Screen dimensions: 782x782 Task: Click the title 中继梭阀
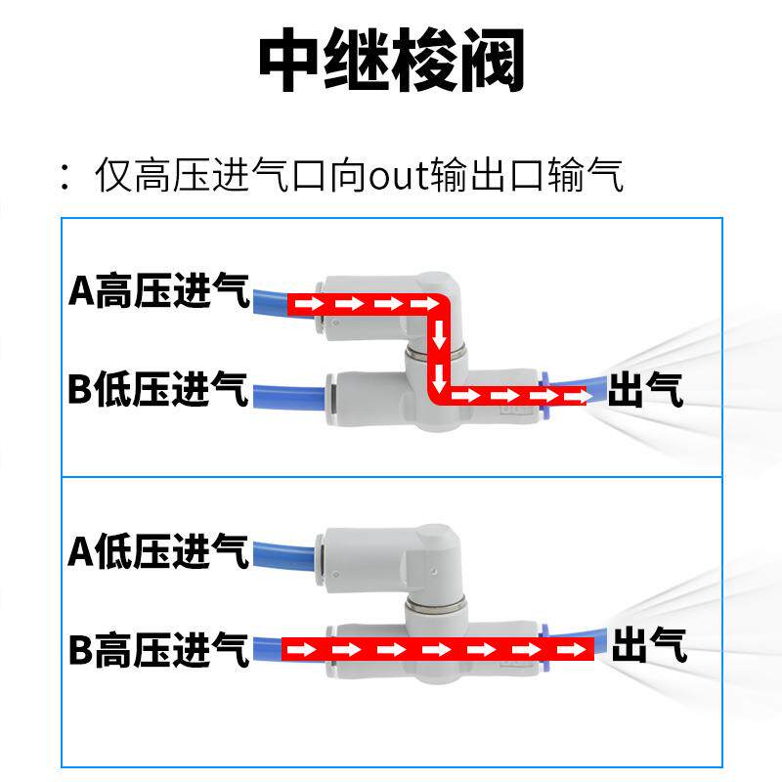[391, 61]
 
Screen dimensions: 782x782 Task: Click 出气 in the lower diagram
[648, 646]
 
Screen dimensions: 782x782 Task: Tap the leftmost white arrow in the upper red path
[306, 304]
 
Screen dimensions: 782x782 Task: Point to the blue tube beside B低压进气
[288, 395]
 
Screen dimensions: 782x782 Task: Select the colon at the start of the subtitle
[65, 177]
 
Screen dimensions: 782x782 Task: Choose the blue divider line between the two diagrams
[391, 477]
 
